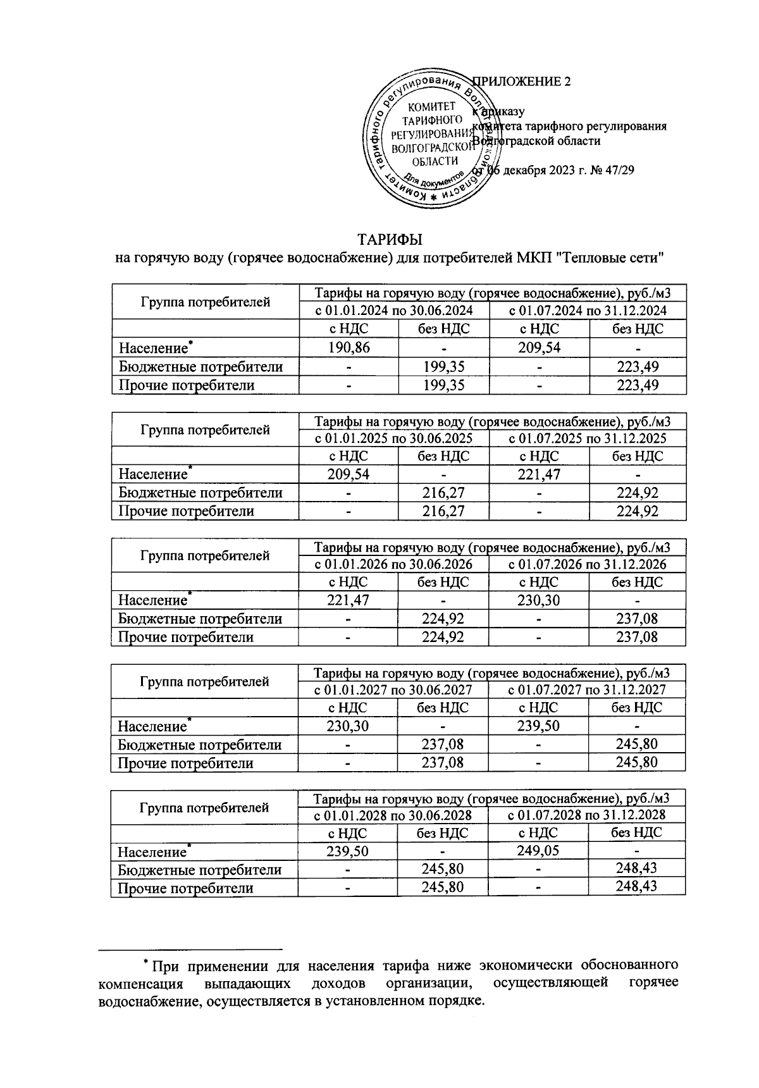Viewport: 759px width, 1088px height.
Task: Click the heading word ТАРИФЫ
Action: click(x=390, y=240)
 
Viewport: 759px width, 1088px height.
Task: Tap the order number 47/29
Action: click(x=620, y=170)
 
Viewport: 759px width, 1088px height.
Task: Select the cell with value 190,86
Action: click(x=349, y=347)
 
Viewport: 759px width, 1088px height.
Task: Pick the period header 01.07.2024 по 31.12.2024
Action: click(x=588, y=311)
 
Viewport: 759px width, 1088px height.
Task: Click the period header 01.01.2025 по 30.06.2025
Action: click(x=393, y=438)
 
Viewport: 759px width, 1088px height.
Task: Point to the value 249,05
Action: click(x=538, y=851)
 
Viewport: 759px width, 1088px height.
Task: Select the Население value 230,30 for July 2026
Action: click(x=538, y=600)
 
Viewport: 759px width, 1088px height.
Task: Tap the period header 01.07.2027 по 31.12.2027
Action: click(x=587, y=689)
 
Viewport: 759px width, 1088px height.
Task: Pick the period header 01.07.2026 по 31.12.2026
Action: click(x=588, y=564)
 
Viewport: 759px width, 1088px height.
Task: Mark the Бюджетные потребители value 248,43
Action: click(x=637, y=869)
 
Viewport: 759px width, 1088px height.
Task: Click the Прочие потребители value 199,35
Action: click(x=443, y=385)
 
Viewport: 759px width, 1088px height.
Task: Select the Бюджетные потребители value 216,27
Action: click(x=443, y=492)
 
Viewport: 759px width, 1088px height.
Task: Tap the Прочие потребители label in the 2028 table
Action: click(x=186, y=888)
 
